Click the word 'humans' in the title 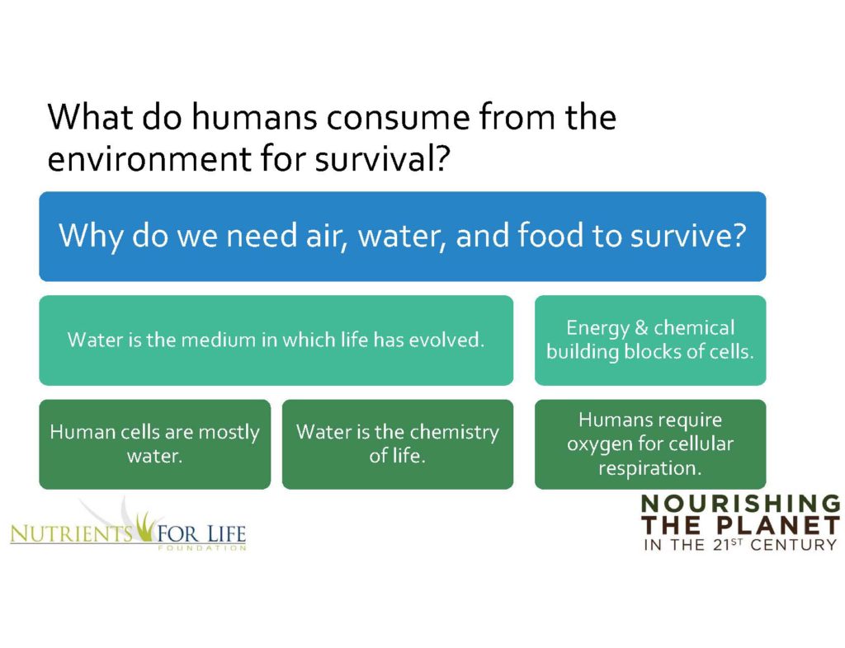click(x=255, y=117)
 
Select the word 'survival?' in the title click(x=382, y=158)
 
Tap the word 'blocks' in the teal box click(x=653, y=351)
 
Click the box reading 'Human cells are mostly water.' click(x=154, y=444)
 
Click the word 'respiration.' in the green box click(x=650, y=467)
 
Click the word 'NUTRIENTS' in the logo click(x=72, y=534)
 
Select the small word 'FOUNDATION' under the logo click(x=202, y=548)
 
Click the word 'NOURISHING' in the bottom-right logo click(x=740, y=504)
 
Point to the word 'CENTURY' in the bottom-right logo click(x=793, y=545)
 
